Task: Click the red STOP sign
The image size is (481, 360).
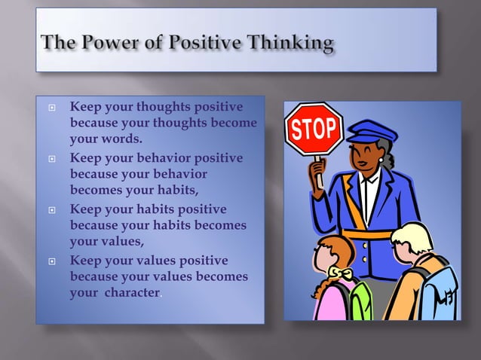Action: pos(314,129)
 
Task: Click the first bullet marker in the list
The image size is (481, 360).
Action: pos(51,107)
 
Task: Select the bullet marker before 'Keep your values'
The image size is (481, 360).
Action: pos(51,261)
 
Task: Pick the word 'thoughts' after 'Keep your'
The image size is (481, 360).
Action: pos(162,107)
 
